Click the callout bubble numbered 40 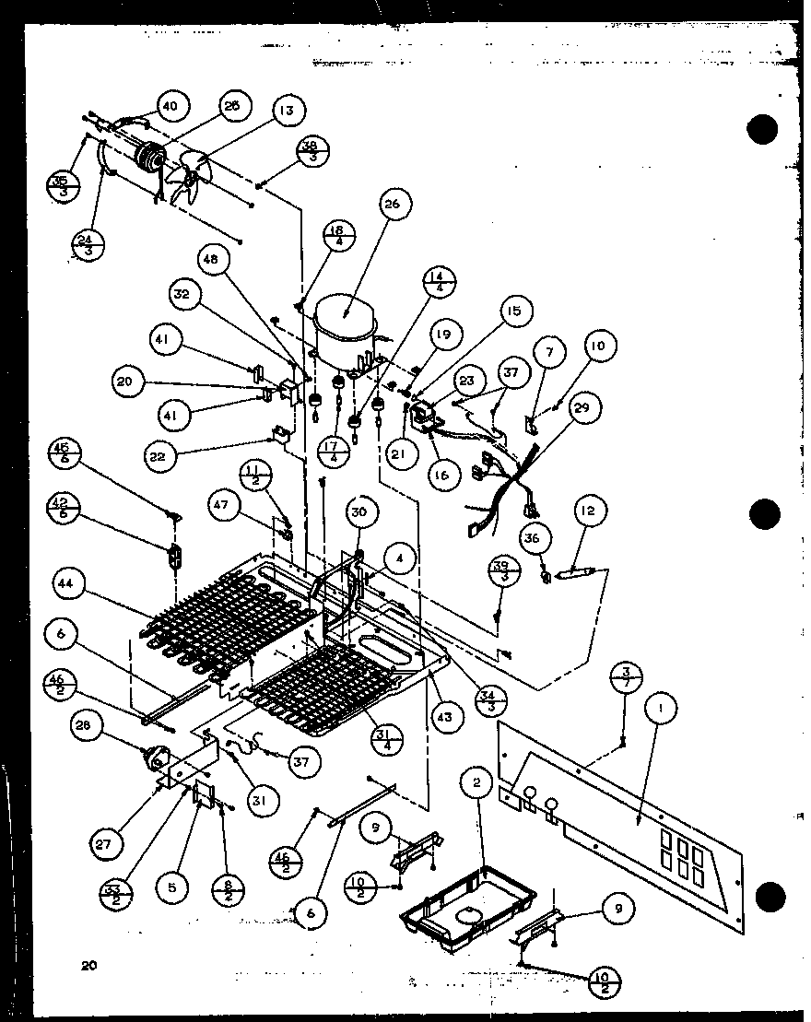coord(170,106)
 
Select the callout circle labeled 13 coord(288,111)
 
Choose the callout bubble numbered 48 coord(214,261)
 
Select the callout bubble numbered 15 coord(513,311)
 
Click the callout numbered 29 coord(585,405)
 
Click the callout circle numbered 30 coord(359,512)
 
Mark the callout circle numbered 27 coord(107,841)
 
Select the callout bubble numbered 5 coord(172,887)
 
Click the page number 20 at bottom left coord(88,965)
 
